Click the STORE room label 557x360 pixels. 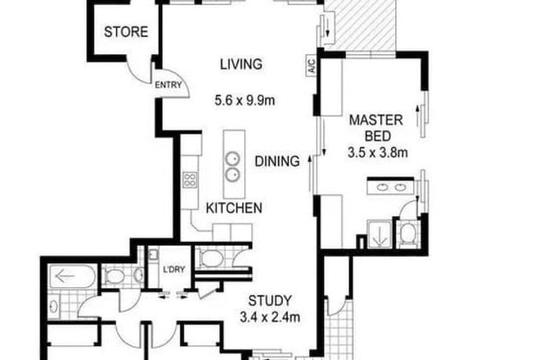point(126,33)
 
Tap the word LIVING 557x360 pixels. point(240,63)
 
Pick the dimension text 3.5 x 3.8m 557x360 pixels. point(377,153)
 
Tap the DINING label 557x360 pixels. point(276,160)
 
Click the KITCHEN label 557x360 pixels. point(233,207)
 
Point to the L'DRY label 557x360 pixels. point(175,272)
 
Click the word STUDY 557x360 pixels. point(271,301)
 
